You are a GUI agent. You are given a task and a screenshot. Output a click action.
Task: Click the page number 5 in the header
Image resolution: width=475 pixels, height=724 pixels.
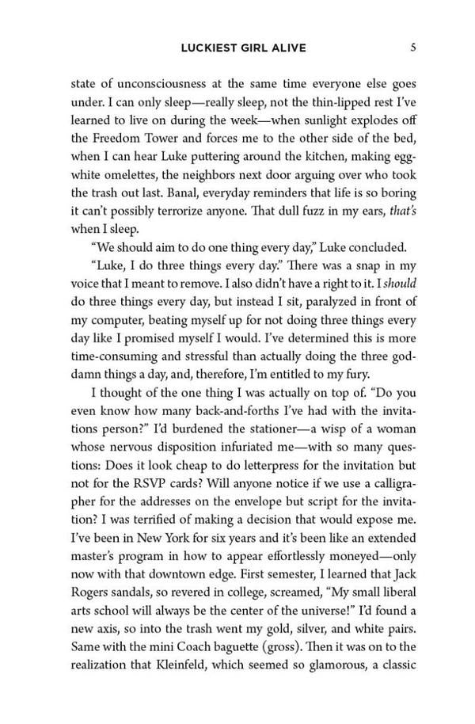click(413, 48)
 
